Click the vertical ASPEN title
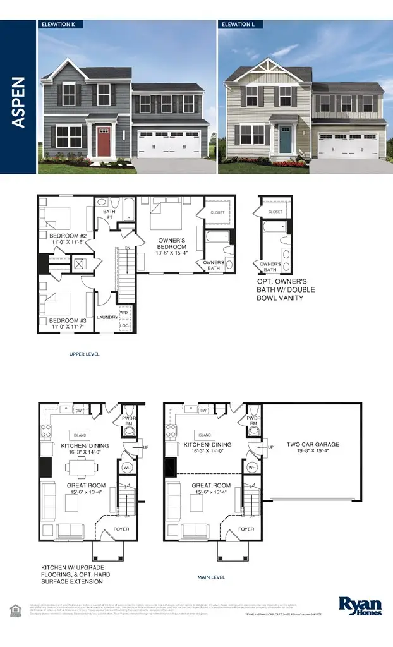click(19, 102)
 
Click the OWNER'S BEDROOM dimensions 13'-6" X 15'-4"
click(168, 252)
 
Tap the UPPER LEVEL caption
click(84, 354)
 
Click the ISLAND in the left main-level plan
click(80, 435)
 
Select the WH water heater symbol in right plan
click(253, 468)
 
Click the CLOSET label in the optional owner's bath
click(275, 212)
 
